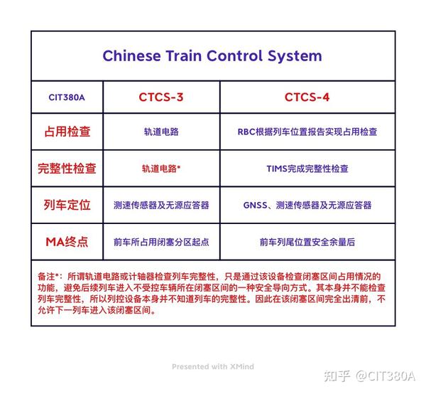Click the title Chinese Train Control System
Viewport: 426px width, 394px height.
(x=212, y=56)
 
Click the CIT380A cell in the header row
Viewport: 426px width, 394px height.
(x=67, y=97)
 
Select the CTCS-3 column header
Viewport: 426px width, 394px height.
(x=160, y=97)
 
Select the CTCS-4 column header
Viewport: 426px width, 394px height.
(x=307, y=97)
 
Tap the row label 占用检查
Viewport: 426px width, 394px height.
(x=67, y=132)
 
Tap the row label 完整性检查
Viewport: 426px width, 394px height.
(x=67, y=169)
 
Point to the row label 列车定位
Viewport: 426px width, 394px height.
(x=67, y=205)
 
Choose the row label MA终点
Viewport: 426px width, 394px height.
(x=67, y=242)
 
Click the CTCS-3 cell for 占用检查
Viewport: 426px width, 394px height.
(x=161, y=132)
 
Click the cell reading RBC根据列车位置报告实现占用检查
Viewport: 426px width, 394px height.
(x=307, y=132)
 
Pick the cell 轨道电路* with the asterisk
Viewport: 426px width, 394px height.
(x=161, y=169)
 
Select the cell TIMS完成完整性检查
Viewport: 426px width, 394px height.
(x=307, y=169)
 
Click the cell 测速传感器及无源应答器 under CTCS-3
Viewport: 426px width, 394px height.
(x=161, y=206)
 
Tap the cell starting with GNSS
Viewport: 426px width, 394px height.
(x=307, y=206)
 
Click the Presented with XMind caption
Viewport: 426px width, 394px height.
(x=212, y=367)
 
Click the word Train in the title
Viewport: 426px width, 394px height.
(x=187, y=56)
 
